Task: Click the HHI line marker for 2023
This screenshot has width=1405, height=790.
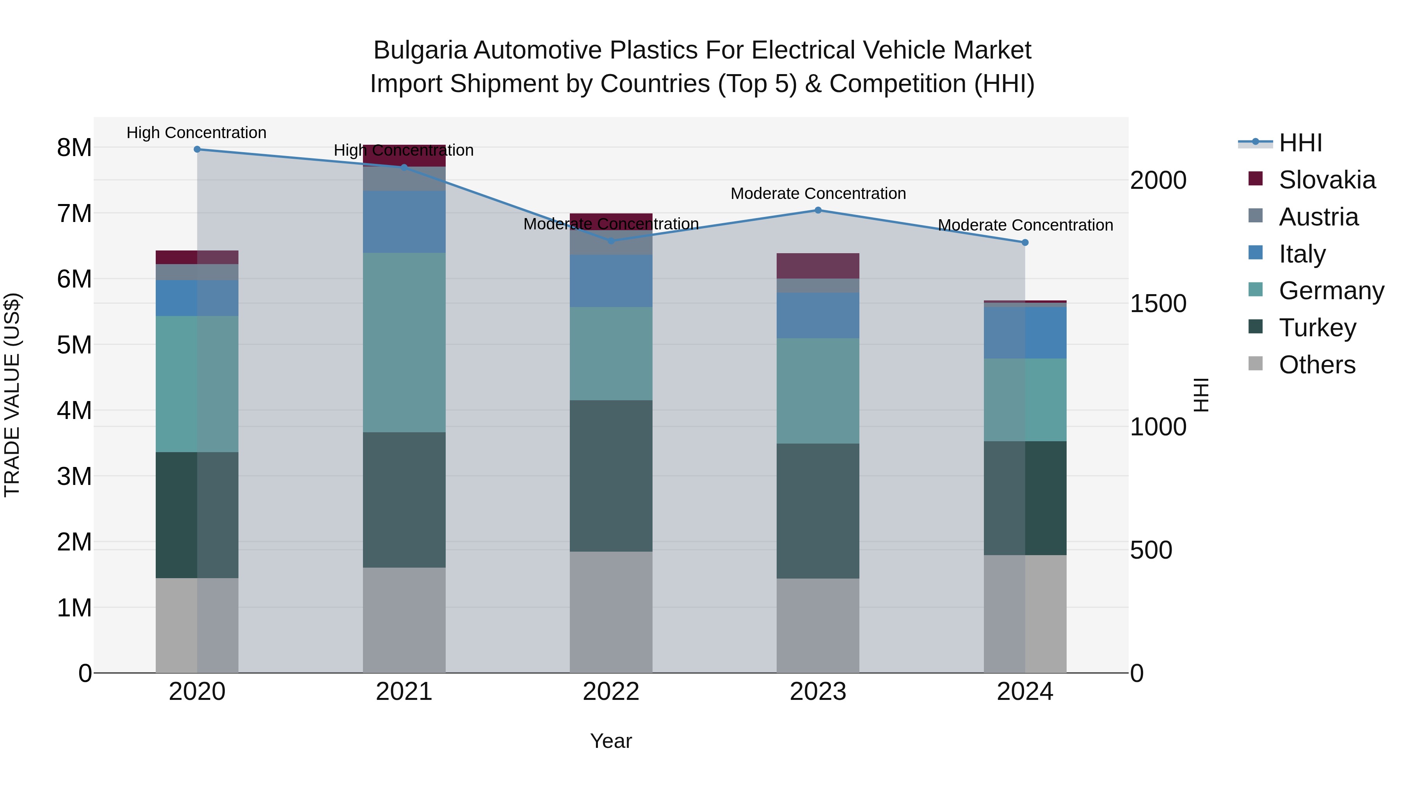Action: pyautogui.click(x=818, y=210)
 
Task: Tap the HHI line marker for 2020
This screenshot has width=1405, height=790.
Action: pyautogui.click(x=197, y=149)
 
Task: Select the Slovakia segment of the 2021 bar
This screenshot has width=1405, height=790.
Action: pyautogui.click(x=404, y=155)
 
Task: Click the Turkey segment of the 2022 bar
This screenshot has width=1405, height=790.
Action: pyautogui.click(x=611, y=476)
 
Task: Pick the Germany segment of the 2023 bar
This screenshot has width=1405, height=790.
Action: pyautogui.click(x=818, y=391)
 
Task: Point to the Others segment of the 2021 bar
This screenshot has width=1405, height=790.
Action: pyautogui.click(x=404, y=620)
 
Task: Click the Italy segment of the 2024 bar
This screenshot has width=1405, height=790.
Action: pyautogui.click(x=1025, y=332)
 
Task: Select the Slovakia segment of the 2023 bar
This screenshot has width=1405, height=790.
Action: pyautogui.click(x=818, y=266)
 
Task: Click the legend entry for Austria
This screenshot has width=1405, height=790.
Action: pyautogui.click(x=1318, y=217)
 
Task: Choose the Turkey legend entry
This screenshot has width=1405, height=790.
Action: pyautogui.click(x=1317, y=328)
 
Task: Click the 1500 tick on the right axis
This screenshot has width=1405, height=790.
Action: pyautogui.click(x=1158, y=304)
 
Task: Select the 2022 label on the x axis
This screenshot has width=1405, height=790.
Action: pyautogui.click(x=611, y=692)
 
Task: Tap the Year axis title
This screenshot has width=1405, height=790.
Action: pyautogui.click(x=611, y=741)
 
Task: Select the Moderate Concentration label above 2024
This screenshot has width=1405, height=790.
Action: pyautogui.click(x=1025, y=225)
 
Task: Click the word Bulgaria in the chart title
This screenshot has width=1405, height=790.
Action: pyautogui.click(x=420, y=50)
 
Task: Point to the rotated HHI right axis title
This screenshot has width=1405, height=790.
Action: pyautogui.click(x=1200, y=395)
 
